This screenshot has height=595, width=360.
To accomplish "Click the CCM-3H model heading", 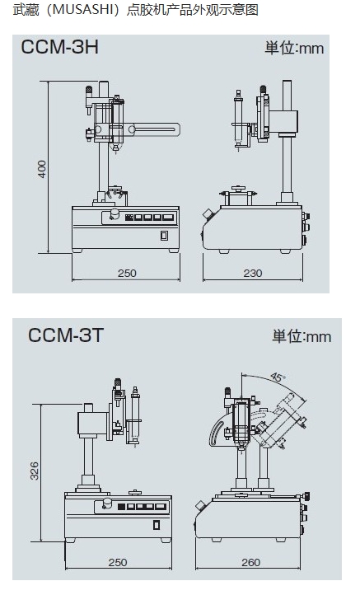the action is point(59,48).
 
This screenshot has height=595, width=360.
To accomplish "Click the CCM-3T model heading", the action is point(66,335).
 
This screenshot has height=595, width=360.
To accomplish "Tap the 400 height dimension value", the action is point(42,169).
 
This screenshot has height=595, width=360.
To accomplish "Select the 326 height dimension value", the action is point(34,471).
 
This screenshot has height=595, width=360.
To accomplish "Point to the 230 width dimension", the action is point(253,274).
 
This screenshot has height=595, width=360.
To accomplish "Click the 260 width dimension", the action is point(250,562).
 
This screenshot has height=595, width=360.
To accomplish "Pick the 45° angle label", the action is point(278,377).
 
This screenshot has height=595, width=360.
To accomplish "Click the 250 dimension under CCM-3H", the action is point(127,274).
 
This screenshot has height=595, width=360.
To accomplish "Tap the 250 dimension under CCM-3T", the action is point(118,562).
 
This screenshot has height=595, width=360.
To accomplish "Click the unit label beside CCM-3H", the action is point(294,49).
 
